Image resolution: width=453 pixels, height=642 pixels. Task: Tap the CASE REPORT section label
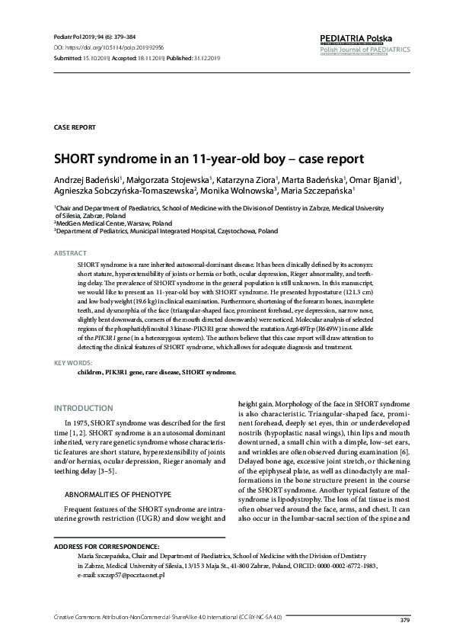[x=74, y=127]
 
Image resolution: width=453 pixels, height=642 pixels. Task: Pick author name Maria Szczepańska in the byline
[x=320, y=191]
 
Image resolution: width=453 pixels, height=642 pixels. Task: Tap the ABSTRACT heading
[x=70, y=252]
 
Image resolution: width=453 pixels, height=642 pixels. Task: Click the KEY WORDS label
[x=73, y=364]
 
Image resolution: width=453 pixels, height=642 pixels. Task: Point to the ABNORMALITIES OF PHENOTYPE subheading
[x=117, y=473]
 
